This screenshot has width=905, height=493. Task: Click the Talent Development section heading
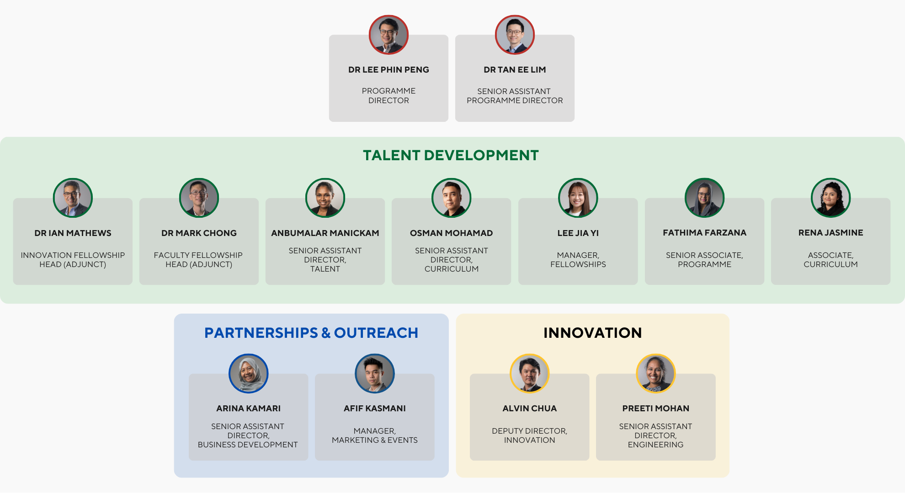451,155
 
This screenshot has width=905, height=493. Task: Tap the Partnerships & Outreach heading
311,333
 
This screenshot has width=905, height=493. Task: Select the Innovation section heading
592,333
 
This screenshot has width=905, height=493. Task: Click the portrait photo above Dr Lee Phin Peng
389,35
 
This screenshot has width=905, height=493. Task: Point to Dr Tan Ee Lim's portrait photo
515,35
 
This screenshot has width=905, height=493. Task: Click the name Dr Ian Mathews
73,233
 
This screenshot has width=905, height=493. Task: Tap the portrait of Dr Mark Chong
199,198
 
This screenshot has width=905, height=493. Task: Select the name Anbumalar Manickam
325,233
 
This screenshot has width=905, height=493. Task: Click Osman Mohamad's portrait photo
451,198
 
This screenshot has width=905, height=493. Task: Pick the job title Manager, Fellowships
578,260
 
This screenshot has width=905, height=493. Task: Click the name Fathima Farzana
704,233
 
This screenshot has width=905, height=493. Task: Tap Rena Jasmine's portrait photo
830,198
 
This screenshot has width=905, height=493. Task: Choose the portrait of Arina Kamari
248,373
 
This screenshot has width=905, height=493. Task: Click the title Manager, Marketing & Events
374,435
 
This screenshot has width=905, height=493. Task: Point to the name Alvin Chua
529,409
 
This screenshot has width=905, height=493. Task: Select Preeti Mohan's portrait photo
655,373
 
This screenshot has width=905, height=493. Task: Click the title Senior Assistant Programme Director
515,96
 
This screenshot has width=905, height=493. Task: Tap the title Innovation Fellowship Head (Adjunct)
73,260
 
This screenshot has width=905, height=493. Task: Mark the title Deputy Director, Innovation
529,435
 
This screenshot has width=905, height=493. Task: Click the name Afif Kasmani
374,409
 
